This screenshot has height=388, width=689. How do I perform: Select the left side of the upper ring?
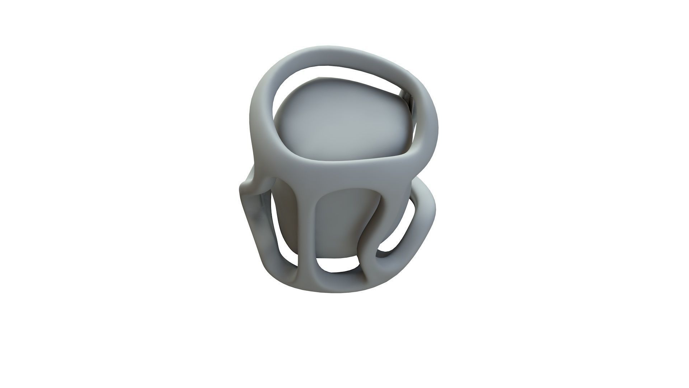pos(260,119)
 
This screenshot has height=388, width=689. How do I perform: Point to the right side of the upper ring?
pos(429,119)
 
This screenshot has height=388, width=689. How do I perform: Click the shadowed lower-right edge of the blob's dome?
pos(402,144)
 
